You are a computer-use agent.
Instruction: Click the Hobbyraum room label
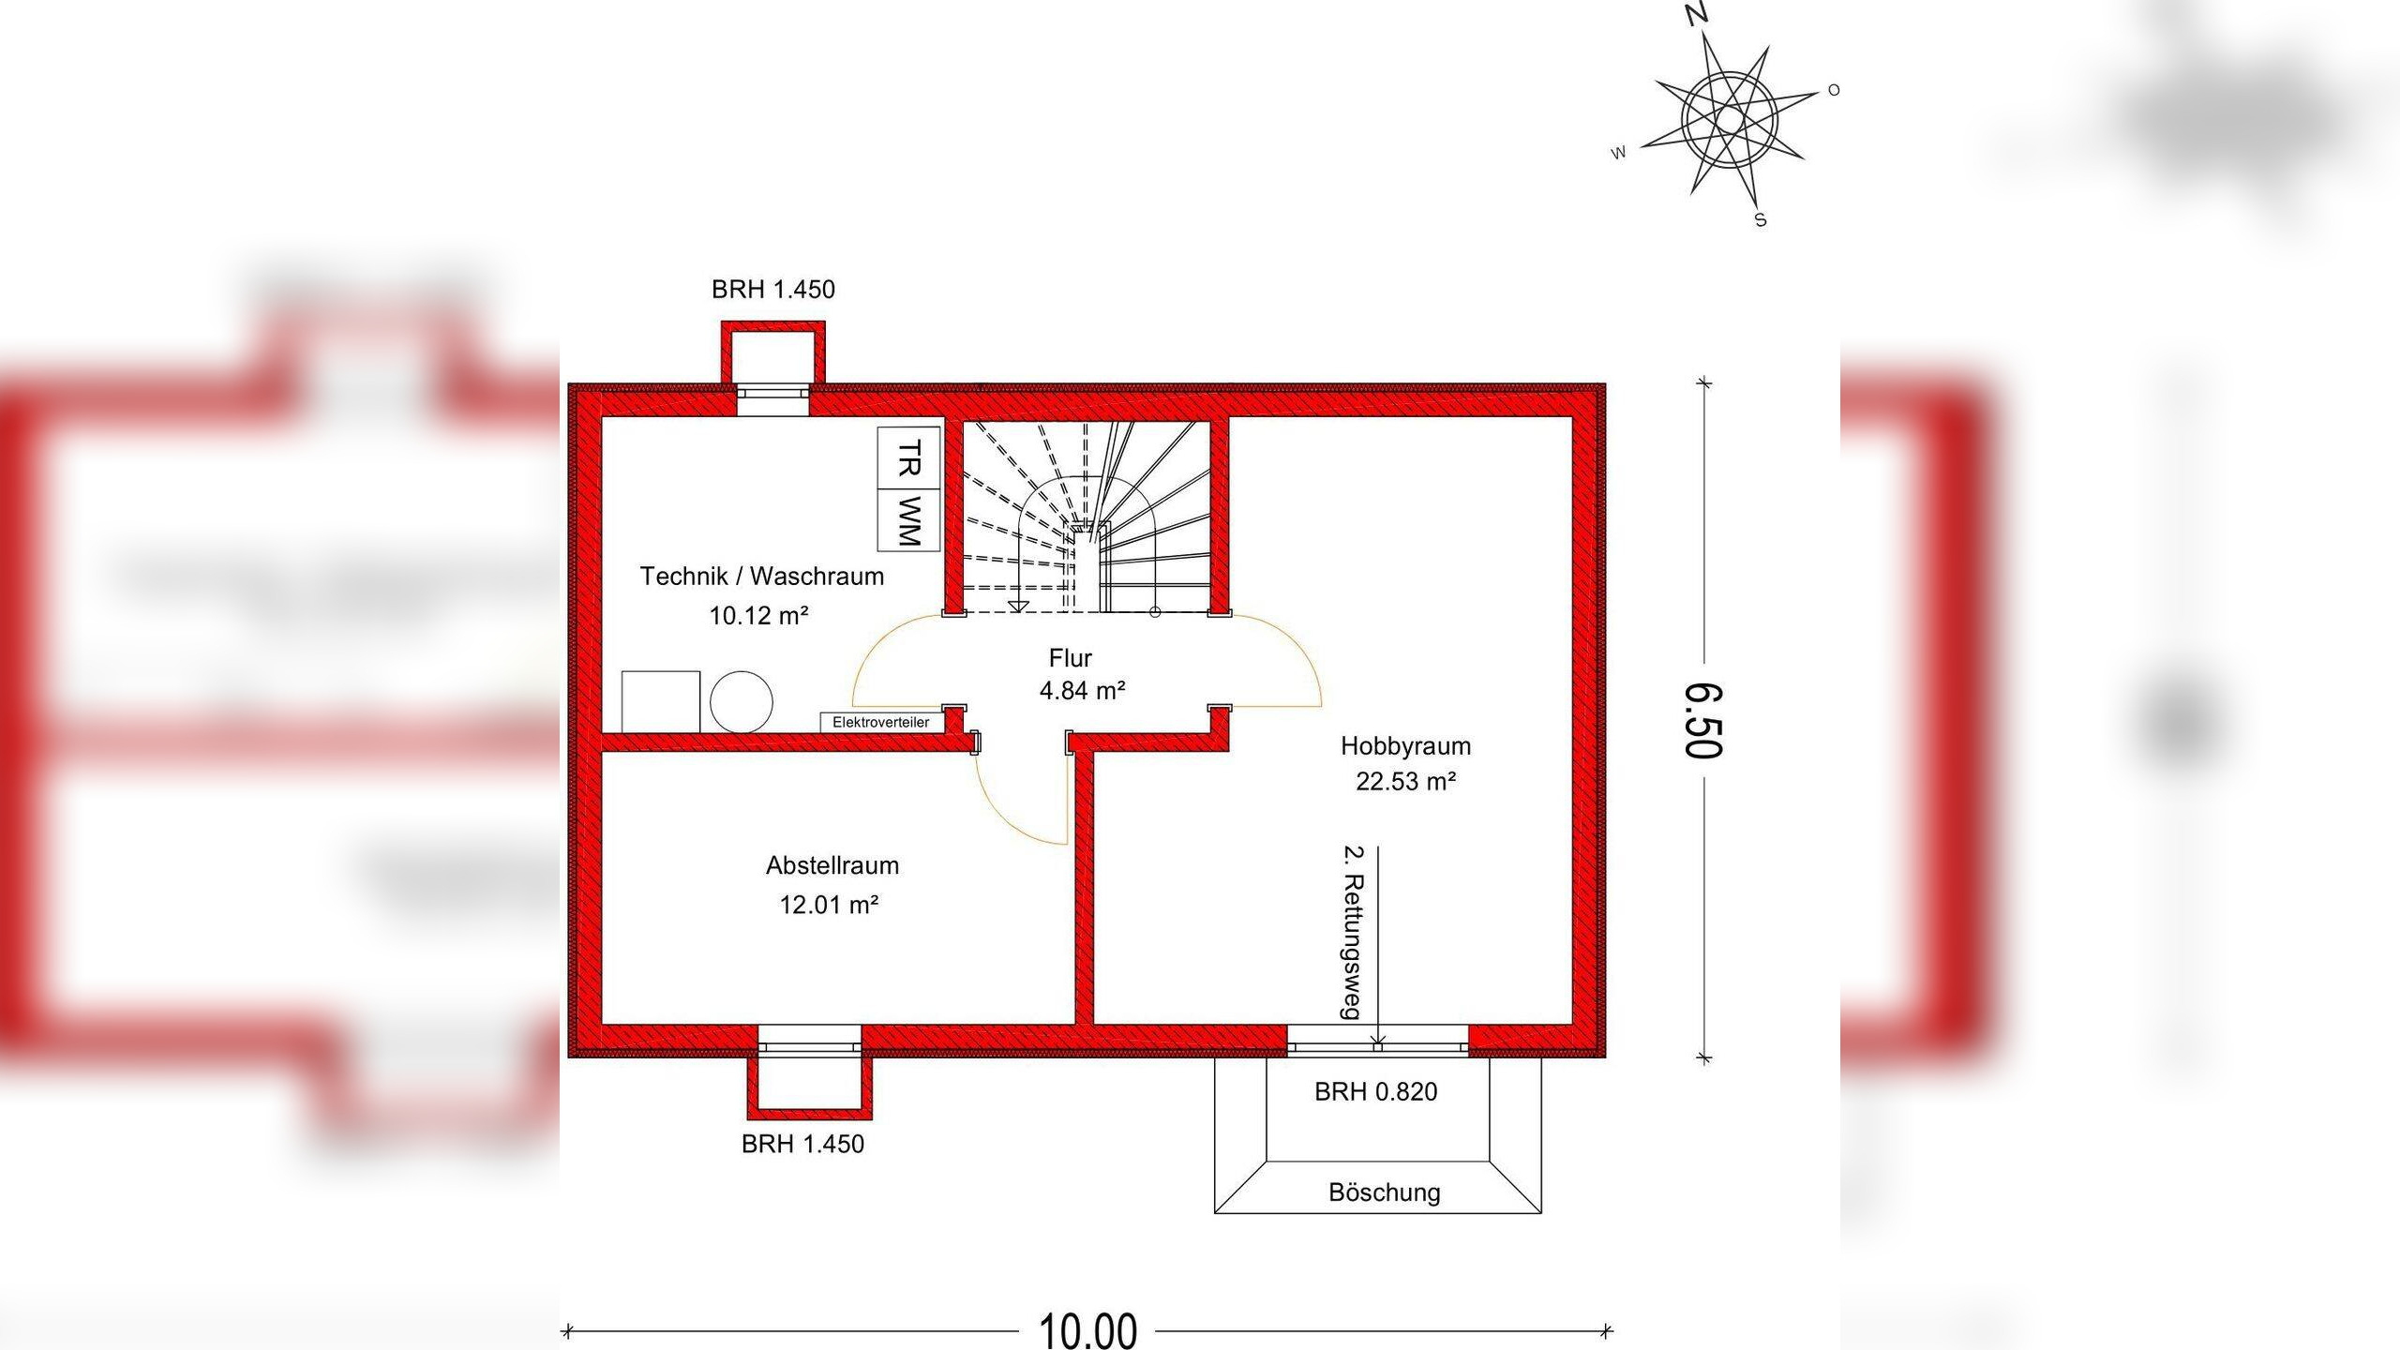coord(1405,746)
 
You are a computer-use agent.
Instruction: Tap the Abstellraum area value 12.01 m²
coord(829,905)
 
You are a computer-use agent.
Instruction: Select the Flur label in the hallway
coord(1071,658)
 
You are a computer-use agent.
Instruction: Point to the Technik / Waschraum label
coord(762,577)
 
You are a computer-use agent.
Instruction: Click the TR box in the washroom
coord(908,458)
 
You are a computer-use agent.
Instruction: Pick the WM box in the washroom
coord(908,520)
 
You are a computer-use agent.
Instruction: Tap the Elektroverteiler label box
coord(881,722)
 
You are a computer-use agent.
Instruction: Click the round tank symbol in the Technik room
coord(742,701)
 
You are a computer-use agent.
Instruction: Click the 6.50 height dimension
coord(1703,720)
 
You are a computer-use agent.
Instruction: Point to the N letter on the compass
coord(1697,13)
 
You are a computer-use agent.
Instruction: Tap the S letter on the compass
coord(1761,220)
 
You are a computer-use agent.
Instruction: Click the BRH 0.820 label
coord(1375,1092)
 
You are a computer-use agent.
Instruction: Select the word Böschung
coord(1385,1192)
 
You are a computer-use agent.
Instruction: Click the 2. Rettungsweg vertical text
coord(1353,934)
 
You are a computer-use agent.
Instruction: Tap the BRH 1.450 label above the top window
coord(773,290)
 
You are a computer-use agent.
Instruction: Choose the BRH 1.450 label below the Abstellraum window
coord(802,1144)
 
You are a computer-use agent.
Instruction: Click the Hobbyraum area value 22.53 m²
coord(1405,782)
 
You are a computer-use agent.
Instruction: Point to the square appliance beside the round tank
coord(661,701)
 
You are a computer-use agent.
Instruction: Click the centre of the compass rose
coord(1730,120)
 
